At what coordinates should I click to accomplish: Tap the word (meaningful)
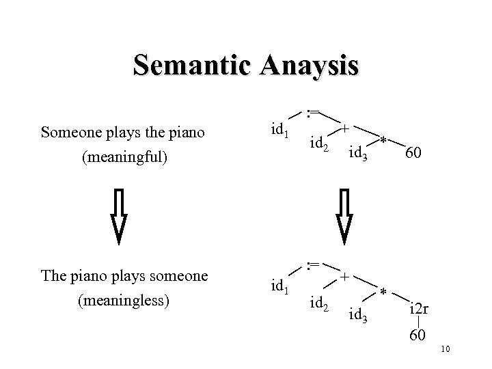(x=123, y=159)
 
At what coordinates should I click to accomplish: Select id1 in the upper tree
(x=278, y=128)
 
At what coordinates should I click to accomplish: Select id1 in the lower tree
(x=278, y=282)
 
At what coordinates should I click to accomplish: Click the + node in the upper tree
(x=346, y=128)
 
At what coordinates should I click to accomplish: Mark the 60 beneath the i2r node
(x=418, y=336)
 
